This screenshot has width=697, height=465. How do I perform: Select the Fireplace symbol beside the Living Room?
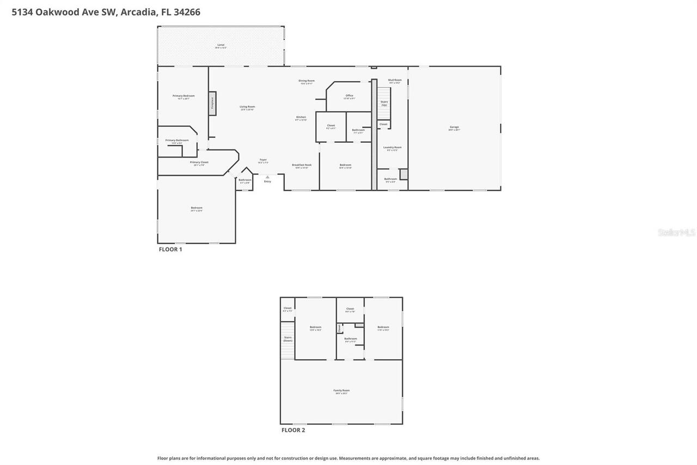(x=212, y=103)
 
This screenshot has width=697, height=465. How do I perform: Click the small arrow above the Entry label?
(x=267, y=177)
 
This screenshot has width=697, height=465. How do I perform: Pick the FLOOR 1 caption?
(x=170, y=249)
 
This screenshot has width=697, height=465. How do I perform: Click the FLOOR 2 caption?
(x=293, y=430)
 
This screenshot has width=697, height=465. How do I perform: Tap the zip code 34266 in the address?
(x=187, y=12)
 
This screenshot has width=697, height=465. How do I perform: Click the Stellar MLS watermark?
(x=676, y=232)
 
